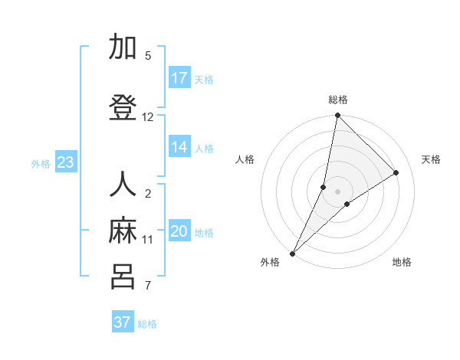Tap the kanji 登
click(123, 108)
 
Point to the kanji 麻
click(123, 231)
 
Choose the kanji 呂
click(123, 277)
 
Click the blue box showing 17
click(179, 78)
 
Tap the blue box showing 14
click(179, 147)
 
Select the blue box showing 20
click(179, 231)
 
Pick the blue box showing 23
click(65, 162)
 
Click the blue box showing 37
click(123, 322)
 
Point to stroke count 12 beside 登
click(148, 117)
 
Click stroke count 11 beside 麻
click(148, 240)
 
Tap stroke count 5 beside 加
click(148, 56)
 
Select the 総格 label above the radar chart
click(338, 100)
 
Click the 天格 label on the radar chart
click(431, 159)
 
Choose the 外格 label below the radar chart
click(270, 262)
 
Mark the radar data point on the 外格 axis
click(292, 253)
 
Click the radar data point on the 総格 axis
click(337, 116)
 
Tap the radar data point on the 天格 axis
click(396, 172)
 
